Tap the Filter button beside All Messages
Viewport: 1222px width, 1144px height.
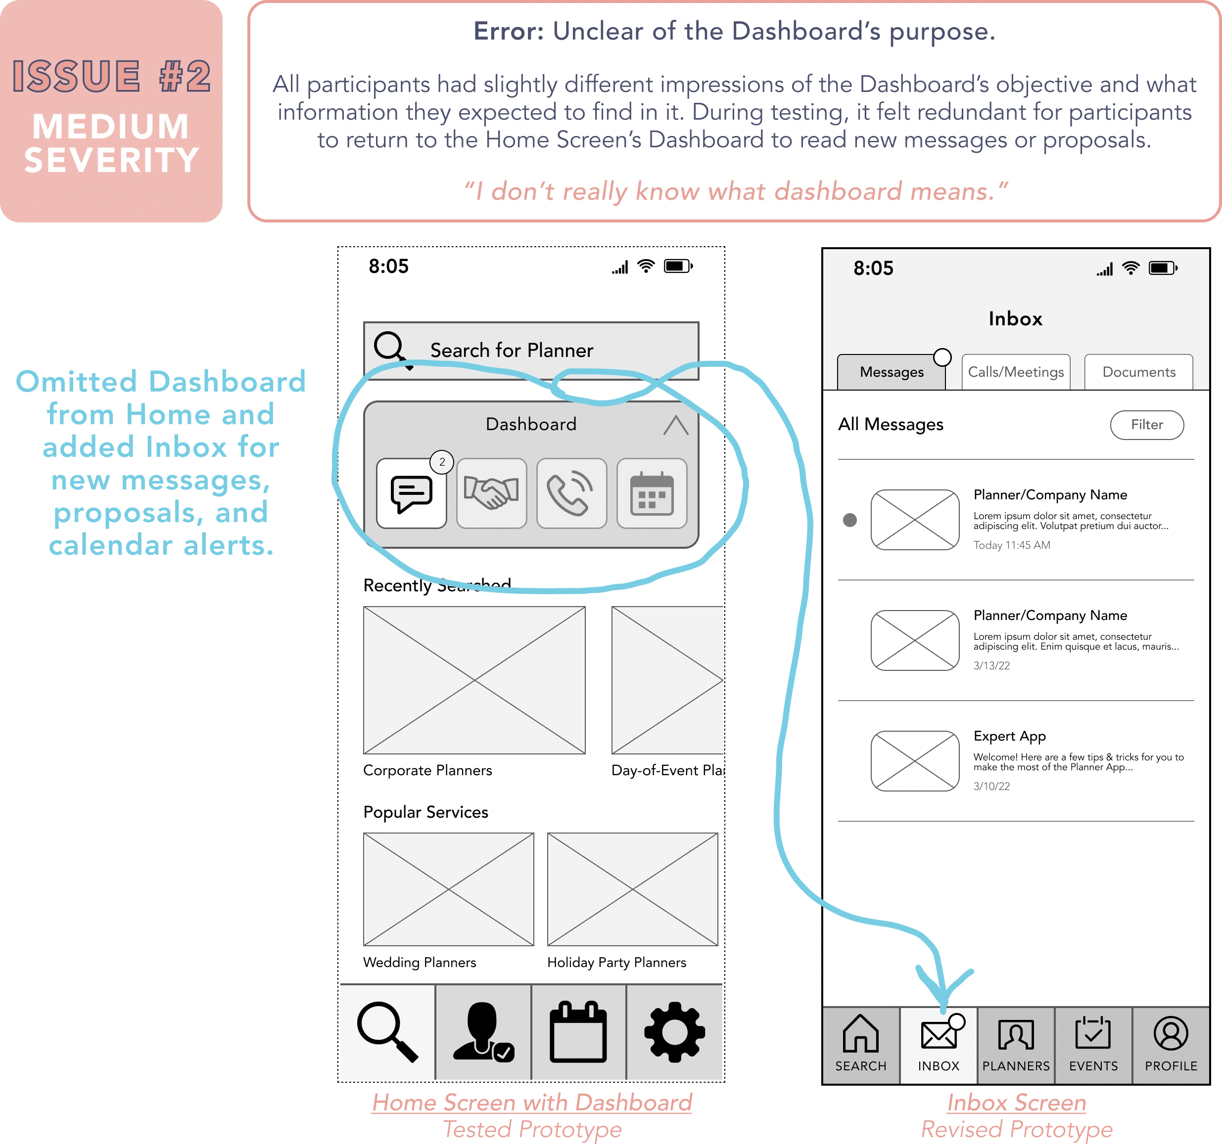tap(1146, 425)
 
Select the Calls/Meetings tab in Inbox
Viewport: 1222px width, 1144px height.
tap(1016, 372)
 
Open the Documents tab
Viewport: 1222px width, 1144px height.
tap(1138, 372)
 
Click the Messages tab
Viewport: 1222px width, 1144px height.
tap(892, 372)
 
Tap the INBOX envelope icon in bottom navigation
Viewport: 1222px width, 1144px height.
tap(939, 1035)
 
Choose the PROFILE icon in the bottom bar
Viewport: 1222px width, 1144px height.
tap(1171, 1033)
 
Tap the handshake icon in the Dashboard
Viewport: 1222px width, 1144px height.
tap(491, 493)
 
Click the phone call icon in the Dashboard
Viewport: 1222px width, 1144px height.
tap(571, 493)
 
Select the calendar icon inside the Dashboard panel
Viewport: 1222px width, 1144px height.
tap(652, 493)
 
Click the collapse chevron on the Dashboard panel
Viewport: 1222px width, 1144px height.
tap(675, 425)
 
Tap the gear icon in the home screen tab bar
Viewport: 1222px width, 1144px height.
tap(674, 1032)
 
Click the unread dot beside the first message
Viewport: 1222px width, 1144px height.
tap(849, 520)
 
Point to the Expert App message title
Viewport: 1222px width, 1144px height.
tap(1009, 736)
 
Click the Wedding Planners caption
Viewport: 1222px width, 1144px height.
tap(419, 962)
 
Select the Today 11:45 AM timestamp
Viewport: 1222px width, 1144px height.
tap(1011, 545)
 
